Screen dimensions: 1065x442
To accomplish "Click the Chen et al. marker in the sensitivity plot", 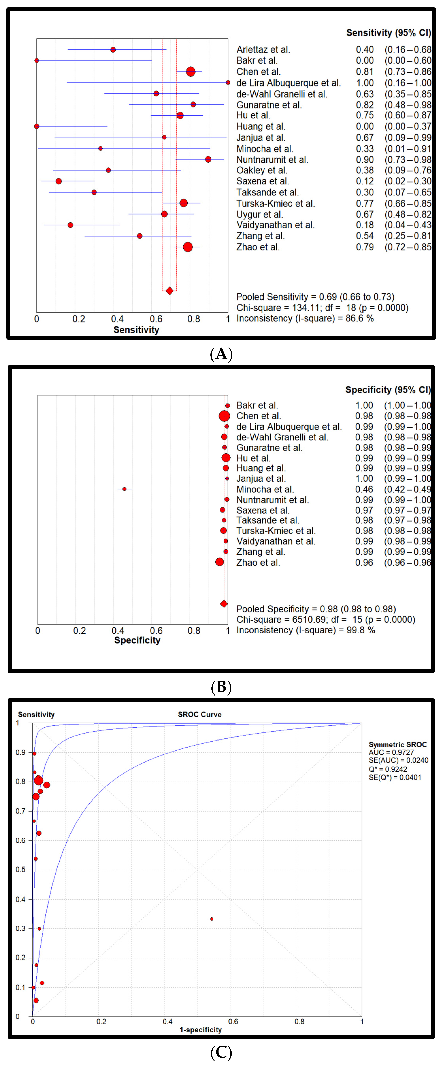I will [190, 71].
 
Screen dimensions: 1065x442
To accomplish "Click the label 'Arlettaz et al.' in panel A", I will [263, 50].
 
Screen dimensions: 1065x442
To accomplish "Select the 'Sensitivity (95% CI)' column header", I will [388, 33].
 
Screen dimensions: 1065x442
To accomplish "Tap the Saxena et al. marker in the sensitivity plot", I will [59, 181].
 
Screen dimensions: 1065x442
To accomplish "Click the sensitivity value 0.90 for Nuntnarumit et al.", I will [365, 160].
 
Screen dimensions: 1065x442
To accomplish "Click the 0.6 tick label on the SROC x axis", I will [233, 1021].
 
